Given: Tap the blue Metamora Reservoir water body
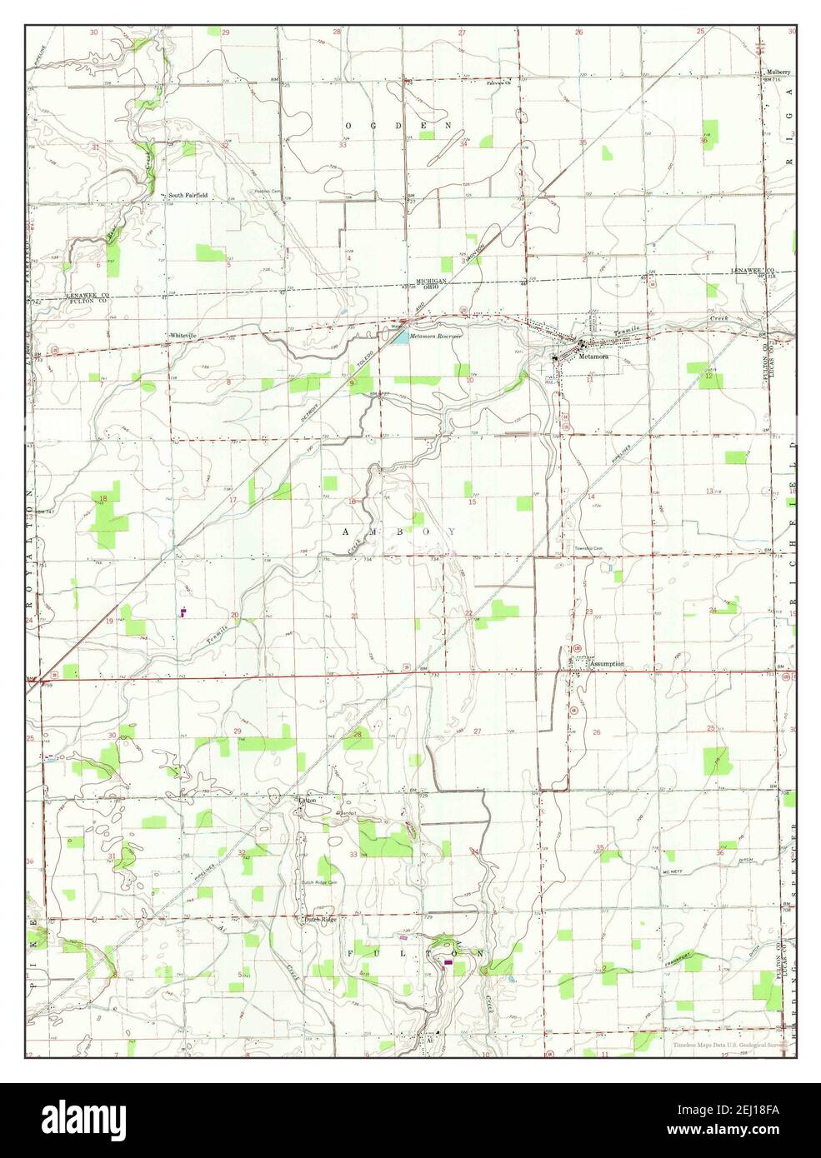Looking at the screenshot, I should [x=401, y=337].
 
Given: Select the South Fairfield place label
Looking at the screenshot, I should [x=188, y=196].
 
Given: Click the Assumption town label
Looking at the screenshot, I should [x=607, y=664].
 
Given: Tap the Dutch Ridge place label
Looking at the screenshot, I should [x=320, y=920].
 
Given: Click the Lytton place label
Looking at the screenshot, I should [x=308, y=800].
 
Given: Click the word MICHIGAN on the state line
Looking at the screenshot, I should [x=433, y=282].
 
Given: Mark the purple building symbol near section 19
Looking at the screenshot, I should [x=183, y=611].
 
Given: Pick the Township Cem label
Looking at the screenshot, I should [x=587, y=547].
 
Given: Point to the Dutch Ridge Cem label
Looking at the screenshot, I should [x=320, y=882].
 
